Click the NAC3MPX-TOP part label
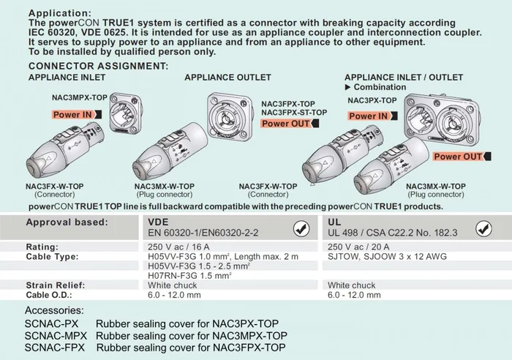point(80,97)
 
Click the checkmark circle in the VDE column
point(300,229)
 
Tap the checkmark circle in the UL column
point(483,229)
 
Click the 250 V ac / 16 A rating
point(179,247)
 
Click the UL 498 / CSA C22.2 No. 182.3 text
point(393,233)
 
